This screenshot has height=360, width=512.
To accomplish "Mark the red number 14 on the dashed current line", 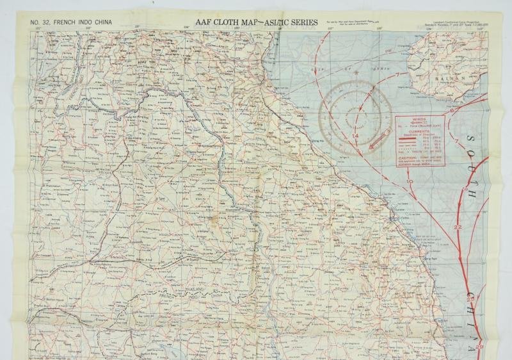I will [x=355, y=136].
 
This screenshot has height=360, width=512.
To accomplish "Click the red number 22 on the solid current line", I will [x=457, y=228].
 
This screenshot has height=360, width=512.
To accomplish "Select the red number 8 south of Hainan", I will [x=452, y=111].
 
